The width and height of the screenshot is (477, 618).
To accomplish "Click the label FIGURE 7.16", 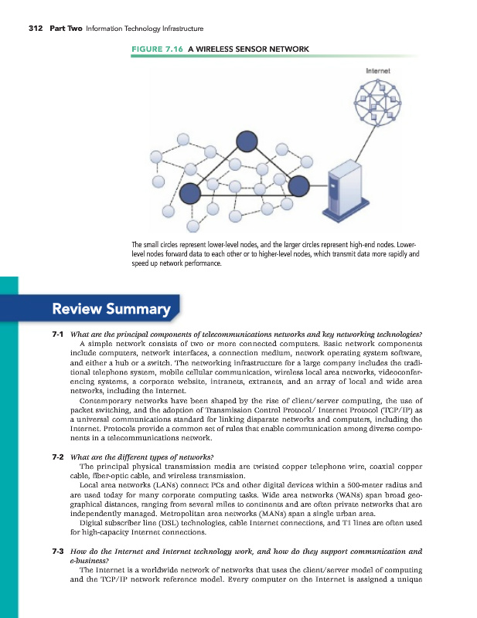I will pos(149,49).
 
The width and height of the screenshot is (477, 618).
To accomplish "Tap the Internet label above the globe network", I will pos(377,70).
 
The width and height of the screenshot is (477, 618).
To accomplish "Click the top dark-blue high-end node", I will pos(246,141).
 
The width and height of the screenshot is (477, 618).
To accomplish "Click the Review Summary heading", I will pos(111,310).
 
